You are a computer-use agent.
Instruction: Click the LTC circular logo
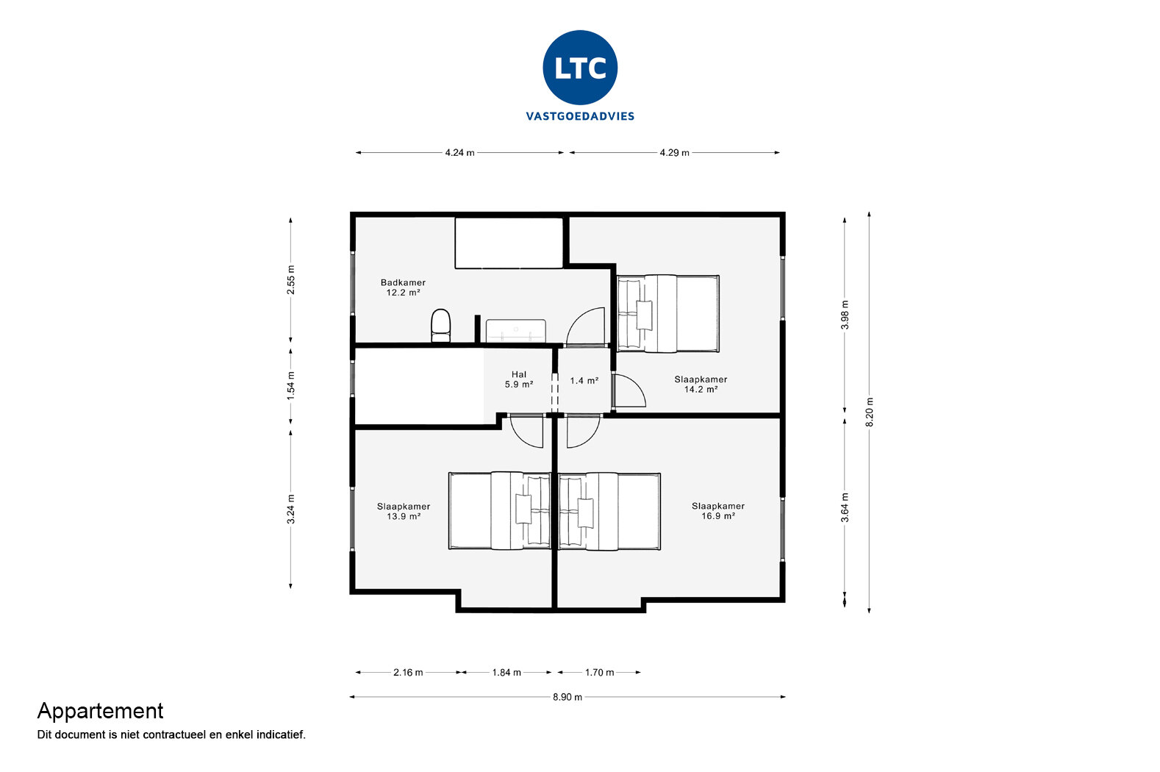(580, 67)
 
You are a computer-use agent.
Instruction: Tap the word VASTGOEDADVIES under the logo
(580, 116)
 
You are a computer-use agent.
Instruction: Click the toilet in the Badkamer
(440, 324)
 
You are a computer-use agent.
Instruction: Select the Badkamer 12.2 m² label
(403, 287)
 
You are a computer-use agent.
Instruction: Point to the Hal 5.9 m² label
(519, 379)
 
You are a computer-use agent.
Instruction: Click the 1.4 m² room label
(584, 381)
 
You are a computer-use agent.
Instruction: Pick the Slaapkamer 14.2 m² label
(701, 385)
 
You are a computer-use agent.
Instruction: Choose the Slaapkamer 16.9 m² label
(717, 511)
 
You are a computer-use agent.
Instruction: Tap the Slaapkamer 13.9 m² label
(404, 512)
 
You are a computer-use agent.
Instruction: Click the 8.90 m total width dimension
(568, 697)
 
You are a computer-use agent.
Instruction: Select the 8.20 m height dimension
(870, 412)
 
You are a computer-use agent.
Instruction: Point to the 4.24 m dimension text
(459, 153)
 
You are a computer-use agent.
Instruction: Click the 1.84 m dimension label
(506, 673)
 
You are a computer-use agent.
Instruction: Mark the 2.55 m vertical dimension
(291, 279)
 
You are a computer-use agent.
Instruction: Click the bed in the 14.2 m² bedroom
(667, 314)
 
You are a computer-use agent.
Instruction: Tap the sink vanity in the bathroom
(515, 330)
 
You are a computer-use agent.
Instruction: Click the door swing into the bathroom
(587, 327)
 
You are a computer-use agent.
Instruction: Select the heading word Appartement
(100, 711)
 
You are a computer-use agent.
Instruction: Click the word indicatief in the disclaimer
(281, 735)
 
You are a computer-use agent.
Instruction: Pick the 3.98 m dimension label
(845, 315)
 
